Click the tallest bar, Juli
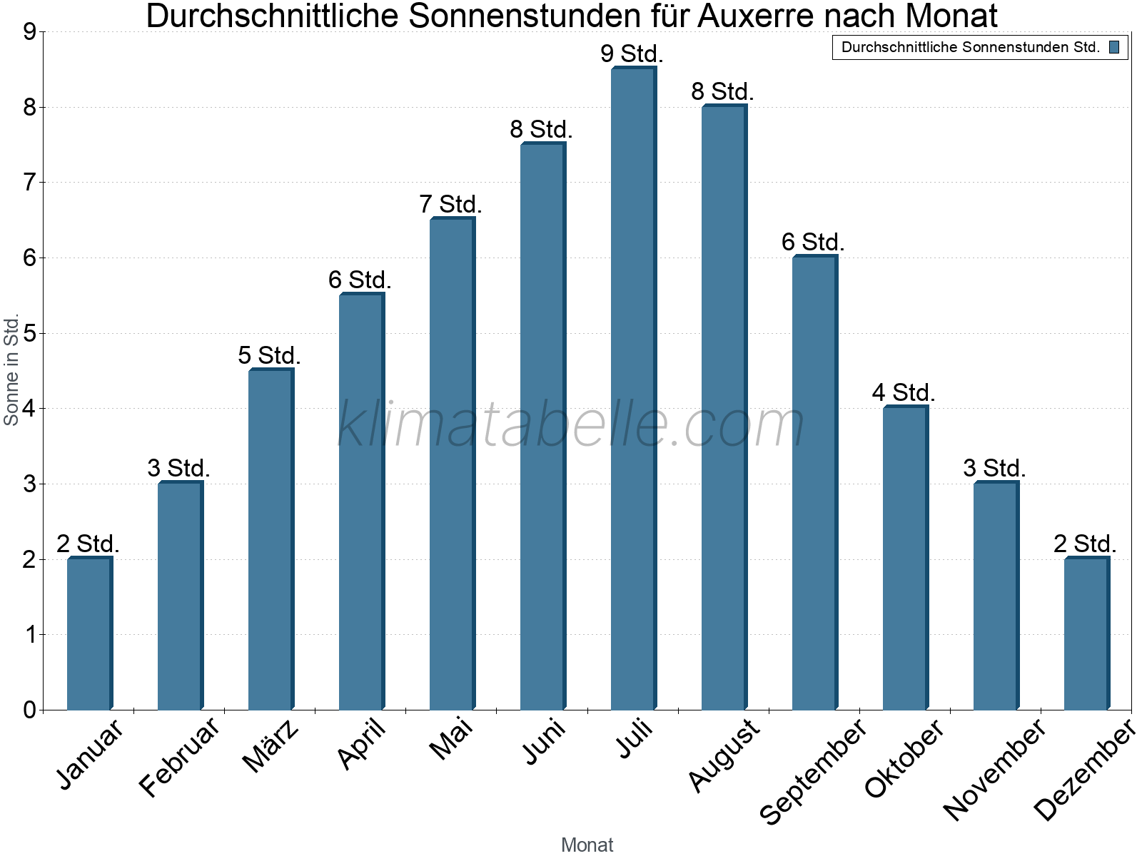(x=634, y=388)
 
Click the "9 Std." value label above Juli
(x=632, y=53)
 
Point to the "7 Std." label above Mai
(x=450, y=204)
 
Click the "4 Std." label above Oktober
(x=904, y=392)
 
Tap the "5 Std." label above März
(x=270, y=355)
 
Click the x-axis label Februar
(x=179, y=756)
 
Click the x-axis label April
(x=362, y=743)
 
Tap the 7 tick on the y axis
(x=30, y=183)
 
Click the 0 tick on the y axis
(x=30, y=710)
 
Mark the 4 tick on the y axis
(x=30, y=409)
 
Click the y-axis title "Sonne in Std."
(x=11, y=370)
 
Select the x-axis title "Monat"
(x=587, y=845)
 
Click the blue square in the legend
(x=1114, y=48)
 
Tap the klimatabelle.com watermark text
(x=571, y=424)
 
